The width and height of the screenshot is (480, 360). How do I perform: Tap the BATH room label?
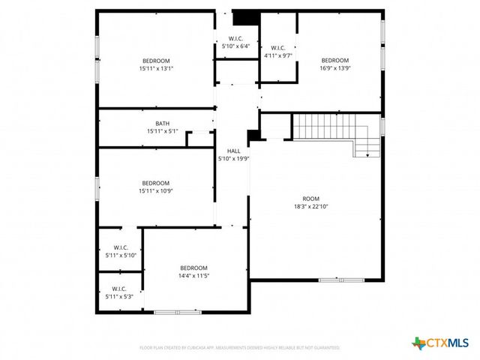click(x=162, y=124)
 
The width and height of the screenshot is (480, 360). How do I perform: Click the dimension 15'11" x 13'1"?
click(x=156, y=68)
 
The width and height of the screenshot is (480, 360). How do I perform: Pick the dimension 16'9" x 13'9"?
click(x=335, y=68)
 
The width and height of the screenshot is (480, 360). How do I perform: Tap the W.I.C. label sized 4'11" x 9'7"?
click(x=277, y=47)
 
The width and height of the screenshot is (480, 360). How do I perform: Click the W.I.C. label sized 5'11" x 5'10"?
click(x=121, y=247)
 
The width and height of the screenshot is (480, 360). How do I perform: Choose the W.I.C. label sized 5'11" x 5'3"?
click(x=119, y=289)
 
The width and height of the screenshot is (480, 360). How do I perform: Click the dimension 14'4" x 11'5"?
click(x=193, y=276)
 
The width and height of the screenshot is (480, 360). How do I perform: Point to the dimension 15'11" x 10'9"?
click(x=156, y=190)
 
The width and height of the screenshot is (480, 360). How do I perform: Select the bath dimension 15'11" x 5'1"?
click(x=162, y=132)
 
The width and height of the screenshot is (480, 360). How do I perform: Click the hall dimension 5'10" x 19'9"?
click(x=233, y=158)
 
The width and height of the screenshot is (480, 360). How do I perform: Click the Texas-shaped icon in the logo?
click(x=418, y=343)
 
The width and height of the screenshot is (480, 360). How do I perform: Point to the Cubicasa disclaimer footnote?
click(x=240, y=348)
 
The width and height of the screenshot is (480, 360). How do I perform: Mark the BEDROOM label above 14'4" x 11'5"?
click(x=193, y=268)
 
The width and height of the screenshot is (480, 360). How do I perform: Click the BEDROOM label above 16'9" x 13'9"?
click(x=335, y=60)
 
